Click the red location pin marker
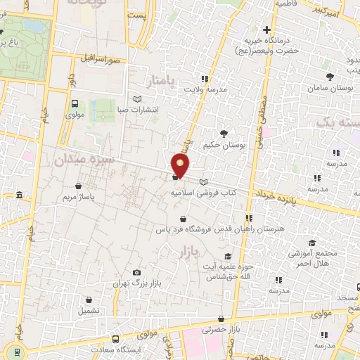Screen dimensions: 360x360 [x=181, y=165]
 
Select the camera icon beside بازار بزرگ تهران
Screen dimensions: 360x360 [x=136, y=272]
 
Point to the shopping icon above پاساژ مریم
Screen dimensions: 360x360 [x=78, y=186]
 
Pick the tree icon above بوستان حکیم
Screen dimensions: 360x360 [x=224, y=133]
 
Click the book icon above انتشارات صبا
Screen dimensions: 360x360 [x=138, y=98]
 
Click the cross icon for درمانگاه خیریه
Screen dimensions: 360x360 [x=266, y=30]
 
